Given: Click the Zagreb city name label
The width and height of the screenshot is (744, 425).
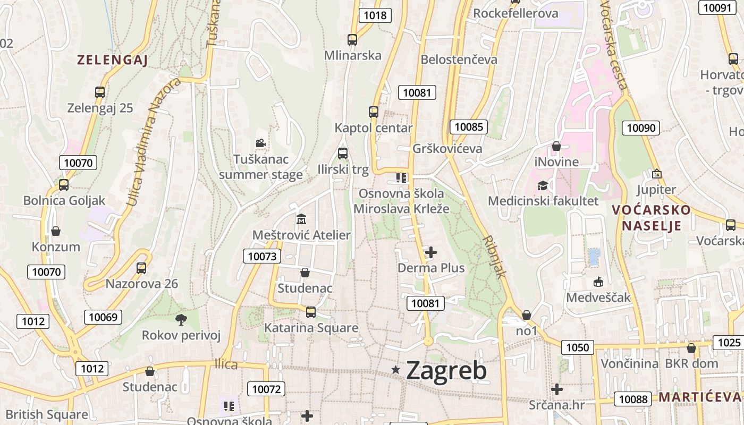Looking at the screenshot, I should coord(446,370).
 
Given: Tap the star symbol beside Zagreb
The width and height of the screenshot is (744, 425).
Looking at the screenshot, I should coord(395,369).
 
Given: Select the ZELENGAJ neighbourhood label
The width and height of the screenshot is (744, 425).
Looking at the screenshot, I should coord(112,60).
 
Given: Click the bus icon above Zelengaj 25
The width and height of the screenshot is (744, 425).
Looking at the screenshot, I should coord(100,92).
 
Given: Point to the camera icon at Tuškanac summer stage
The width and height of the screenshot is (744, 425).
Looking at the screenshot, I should coord(260,143).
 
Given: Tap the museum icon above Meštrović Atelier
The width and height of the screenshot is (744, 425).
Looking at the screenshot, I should coord(301,218).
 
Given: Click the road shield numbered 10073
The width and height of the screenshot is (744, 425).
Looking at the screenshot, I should coord(262,257).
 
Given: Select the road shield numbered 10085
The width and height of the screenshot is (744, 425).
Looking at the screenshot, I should coord(469,127).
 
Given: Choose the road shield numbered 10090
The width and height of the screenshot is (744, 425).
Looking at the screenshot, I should coord(641,127).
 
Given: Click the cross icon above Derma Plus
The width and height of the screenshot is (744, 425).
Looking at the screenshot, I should coord(431,252).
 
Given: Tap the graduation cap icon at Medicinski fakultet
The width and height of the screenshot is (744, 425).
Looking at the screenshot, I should coord(543,185).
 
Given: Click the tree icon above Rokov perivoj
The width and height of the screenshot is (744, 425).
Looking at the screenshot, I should coord(181,319).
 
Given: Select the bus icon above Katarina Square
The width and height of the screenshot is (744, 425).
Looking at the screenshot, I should coord(311,312).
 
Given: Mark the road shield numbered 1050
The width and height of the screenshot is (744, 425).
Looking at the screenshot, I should coord(578,347).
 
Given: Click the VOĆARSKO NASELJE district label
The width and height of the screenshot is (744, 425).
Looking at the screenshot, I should coord(651,217).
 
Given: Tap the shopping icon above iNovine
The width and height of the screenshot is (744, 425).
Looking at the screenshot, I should coord(556,146).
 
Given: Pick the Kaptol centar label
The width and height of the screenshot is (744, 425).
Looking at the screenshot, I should coord(374,128).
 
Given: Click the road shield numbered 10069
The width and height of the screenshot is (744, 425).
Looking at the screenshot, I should coord(103,317).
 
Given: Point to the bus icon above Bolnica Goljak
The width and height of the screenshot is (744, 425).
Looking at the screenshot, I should coord(64,185).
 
